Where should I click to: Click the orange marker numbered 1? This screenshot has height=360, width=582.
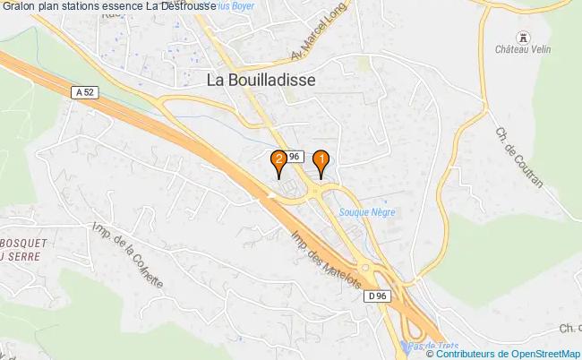pyautogui.click(x=321, y=161)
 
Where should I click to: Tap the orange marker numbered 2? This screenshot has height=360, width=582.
pyautogui.click(x=280, y=161)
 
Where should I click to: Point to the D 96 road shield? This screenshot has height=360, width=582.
pyautogui.click(x=377, y=296)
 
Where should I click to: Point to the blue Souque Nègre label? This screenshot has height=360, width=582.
pyautogui.click(x=367, y=212)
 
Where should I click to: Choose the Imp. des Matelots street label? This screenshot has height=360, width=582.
pyautogui.click(x=326, y=260)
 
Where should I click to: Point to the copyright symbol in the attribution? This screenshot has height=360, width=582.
pyautogui.click(x=431, y=354)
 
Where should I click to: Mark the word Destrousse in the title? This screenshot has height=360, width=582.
pyautogui.click(x=184, y=6)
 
